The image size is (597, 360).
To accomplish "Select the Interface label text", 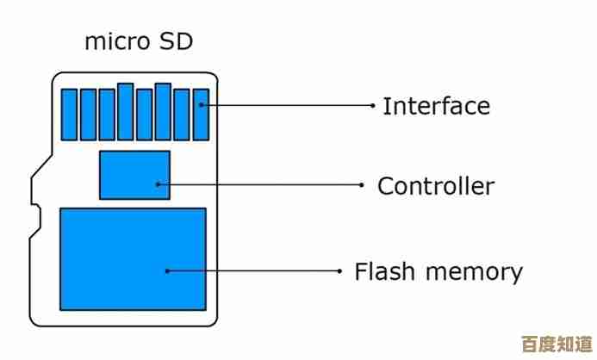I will click(436, 107).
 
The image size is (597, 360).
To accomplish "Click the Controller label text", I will click(436, 185).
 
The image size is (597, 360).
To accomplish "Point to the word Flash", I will click(382, 272).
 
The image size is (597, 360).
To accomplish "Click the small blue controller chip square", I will click(134, 175).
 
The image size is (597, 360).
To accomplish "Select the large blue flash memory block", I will click(133, 258).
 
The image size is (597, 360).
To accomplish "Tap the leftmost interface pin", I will click(68, 115).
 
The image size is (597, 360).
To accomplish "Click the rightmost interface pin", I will click(201, 115).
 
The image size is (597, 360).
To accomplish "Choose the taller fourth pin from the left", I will click(125, 112).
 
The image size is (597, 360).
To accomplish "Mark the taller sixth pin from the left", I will click(163, 112).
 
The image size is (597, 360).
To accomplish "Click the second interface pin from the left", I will click(87, 115).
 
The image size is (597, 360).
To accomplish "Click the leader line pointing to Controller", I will click(258, 183).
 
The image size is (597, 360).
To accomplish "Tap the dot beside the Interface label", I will click(372, 106).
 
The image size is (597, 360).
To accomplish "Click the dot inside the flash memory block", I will click(167, 270).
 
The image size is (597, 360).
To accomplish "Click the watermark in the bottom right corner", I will click(559, 344).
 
